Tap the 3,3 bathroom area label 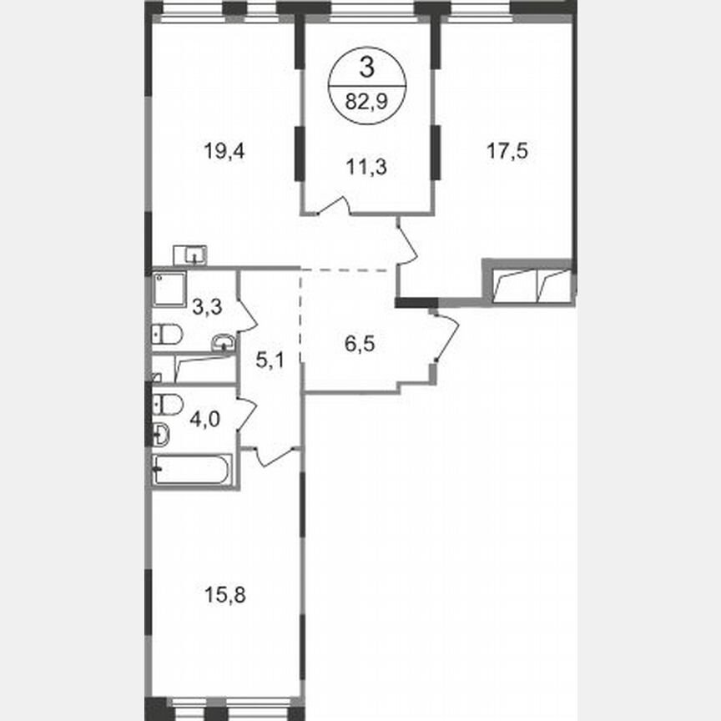point(207,306)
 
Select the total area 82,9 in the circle point(367,104)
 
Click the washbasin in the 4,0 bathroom point(161,434)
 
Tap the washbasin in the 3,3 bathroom point(224,341)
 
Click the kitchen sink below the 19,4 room point(190,254)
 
